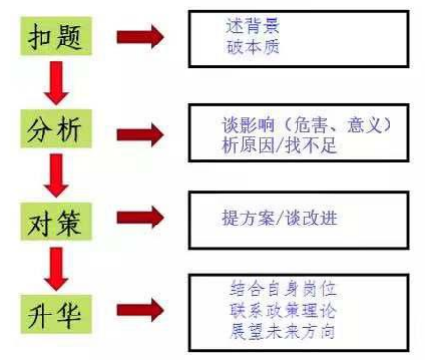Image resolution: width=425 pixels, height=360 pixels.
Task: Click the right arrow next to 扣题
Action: point(139,39)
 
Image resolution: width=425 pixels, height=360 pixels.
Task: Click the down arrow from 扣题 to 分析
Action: point(57,83)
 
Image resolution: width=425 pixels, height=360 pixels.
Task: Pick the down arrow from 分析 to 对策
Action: point(57,174)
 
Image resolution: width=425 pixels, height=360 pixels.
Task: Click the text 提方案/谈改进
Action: point(281,217)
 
